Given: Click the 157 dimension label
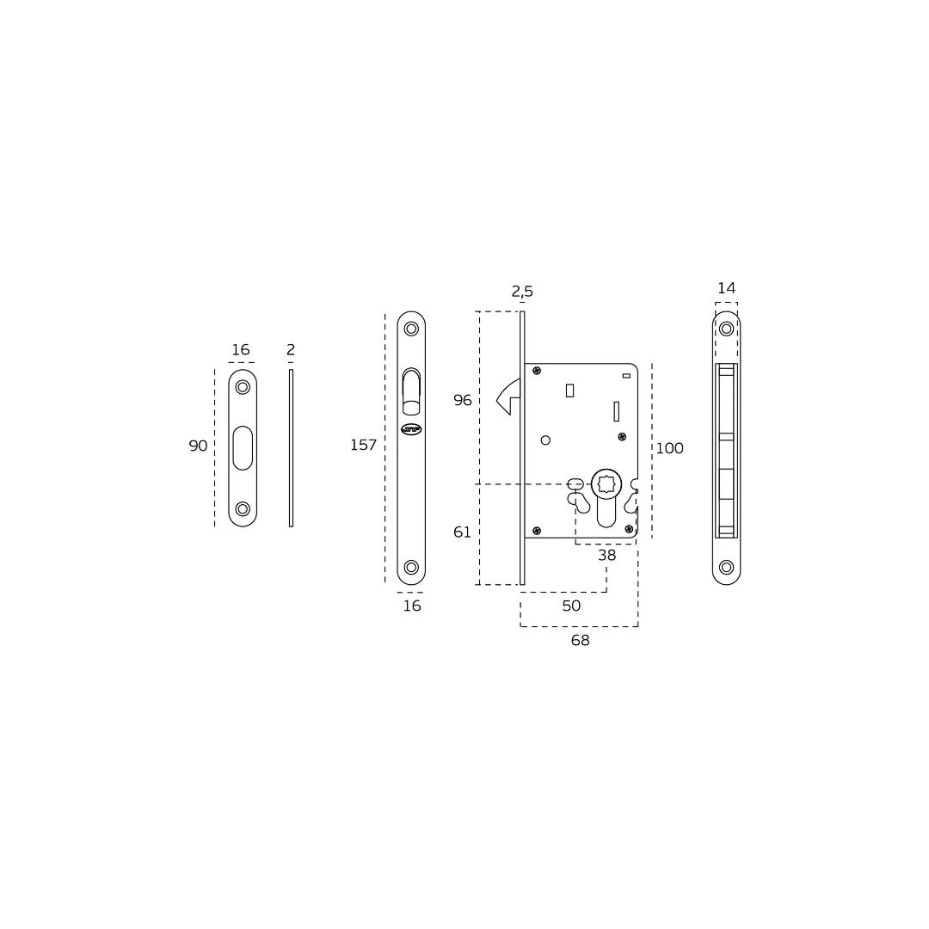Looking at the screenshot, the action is coord(363,445).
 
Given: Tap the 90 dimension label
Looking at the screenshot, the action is coord(198,446).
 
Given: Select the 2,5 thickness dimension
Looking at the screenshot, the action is coord(522,292).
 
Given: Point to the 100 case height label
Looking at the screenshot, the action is coord(669,448).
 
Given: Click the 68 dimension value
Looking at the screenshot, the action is coord(580,641).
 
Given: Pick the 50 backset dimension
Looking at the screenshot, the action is coord(571,606).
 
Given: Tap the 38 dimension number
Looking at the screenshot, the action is coord(606,555).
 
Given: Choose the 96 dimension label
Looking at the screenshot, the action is coord(463,401).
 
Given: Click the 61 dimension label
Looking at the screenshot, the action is coord(462,532).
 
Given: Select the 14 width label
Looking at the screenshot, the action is coord(726,288).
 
